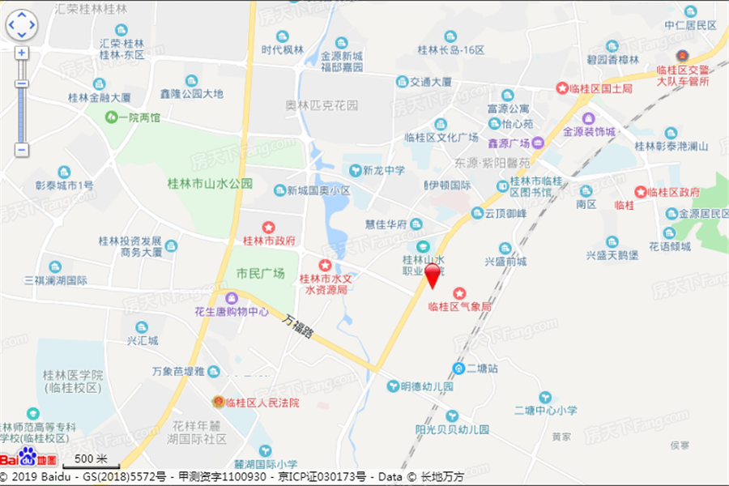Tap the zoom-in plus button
pyautogui.click(x=21, y=53)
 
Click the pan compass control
pyautogui.click(x=21, y=25)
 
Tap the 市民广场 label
pyautogui.click(x=260, y=274)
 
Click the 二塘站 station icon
pyautogui.click(x=458, y=369)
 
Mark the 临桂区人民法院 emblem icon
pyautogui.click(x=217, y=402)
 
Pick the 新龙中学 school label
pyautogui.click(x=383, y=171)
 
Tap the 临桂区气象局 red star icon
pyautogui.click(x=459, y=292)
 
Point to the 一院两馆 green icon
pyautogui.click(x=110, y=117)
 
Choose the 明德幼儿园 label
pyautogui.click(x=427, y=387)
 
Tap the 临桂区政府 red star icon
pyautogui.click(x=641, y=192)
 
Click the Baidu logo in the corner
pyautogui.click(x=19, y=456)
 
